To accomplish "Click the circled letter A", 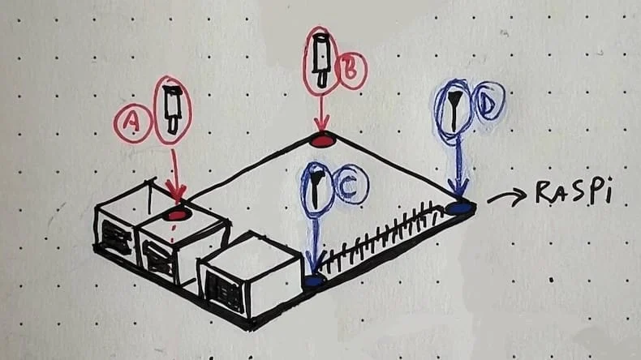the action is [x=133, y=122].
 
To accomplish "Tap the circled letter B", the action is [x=351, y=70].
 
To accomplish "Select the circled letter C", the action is [x=351, y=185].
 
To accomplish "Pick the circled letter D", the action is [x=489, y=102].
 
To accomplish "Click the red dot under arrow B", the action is [x=322, y=141].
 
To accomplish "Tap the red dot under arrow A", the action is [x=176, y=215].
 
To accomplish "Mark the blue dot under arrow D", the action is [x=460, y=208].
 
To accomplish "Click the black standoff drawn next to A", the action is [x=172, y=109].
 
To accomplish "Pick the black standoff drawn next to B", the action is [x=321, y=61].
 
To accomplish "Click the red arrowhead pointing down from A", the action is [x=176, y=192].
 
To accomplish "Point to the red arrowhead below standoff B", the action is [x=322, y=124].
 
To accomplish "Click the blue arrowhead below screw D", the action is [x=459, y=189].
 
